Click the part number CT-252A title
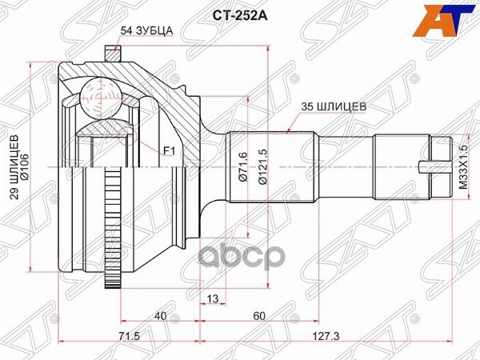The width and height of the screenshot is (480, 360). pyautogui.click(x=240, y=13)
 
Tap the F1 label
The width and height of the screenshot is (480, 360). pyautogui.click(x=169, y=150)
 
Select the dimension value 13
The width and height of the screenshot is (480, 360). pyautogui.click(x=212, y=299)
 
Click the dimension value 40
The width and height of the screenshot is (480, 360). pyautogui.click(x=162, y=317)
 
